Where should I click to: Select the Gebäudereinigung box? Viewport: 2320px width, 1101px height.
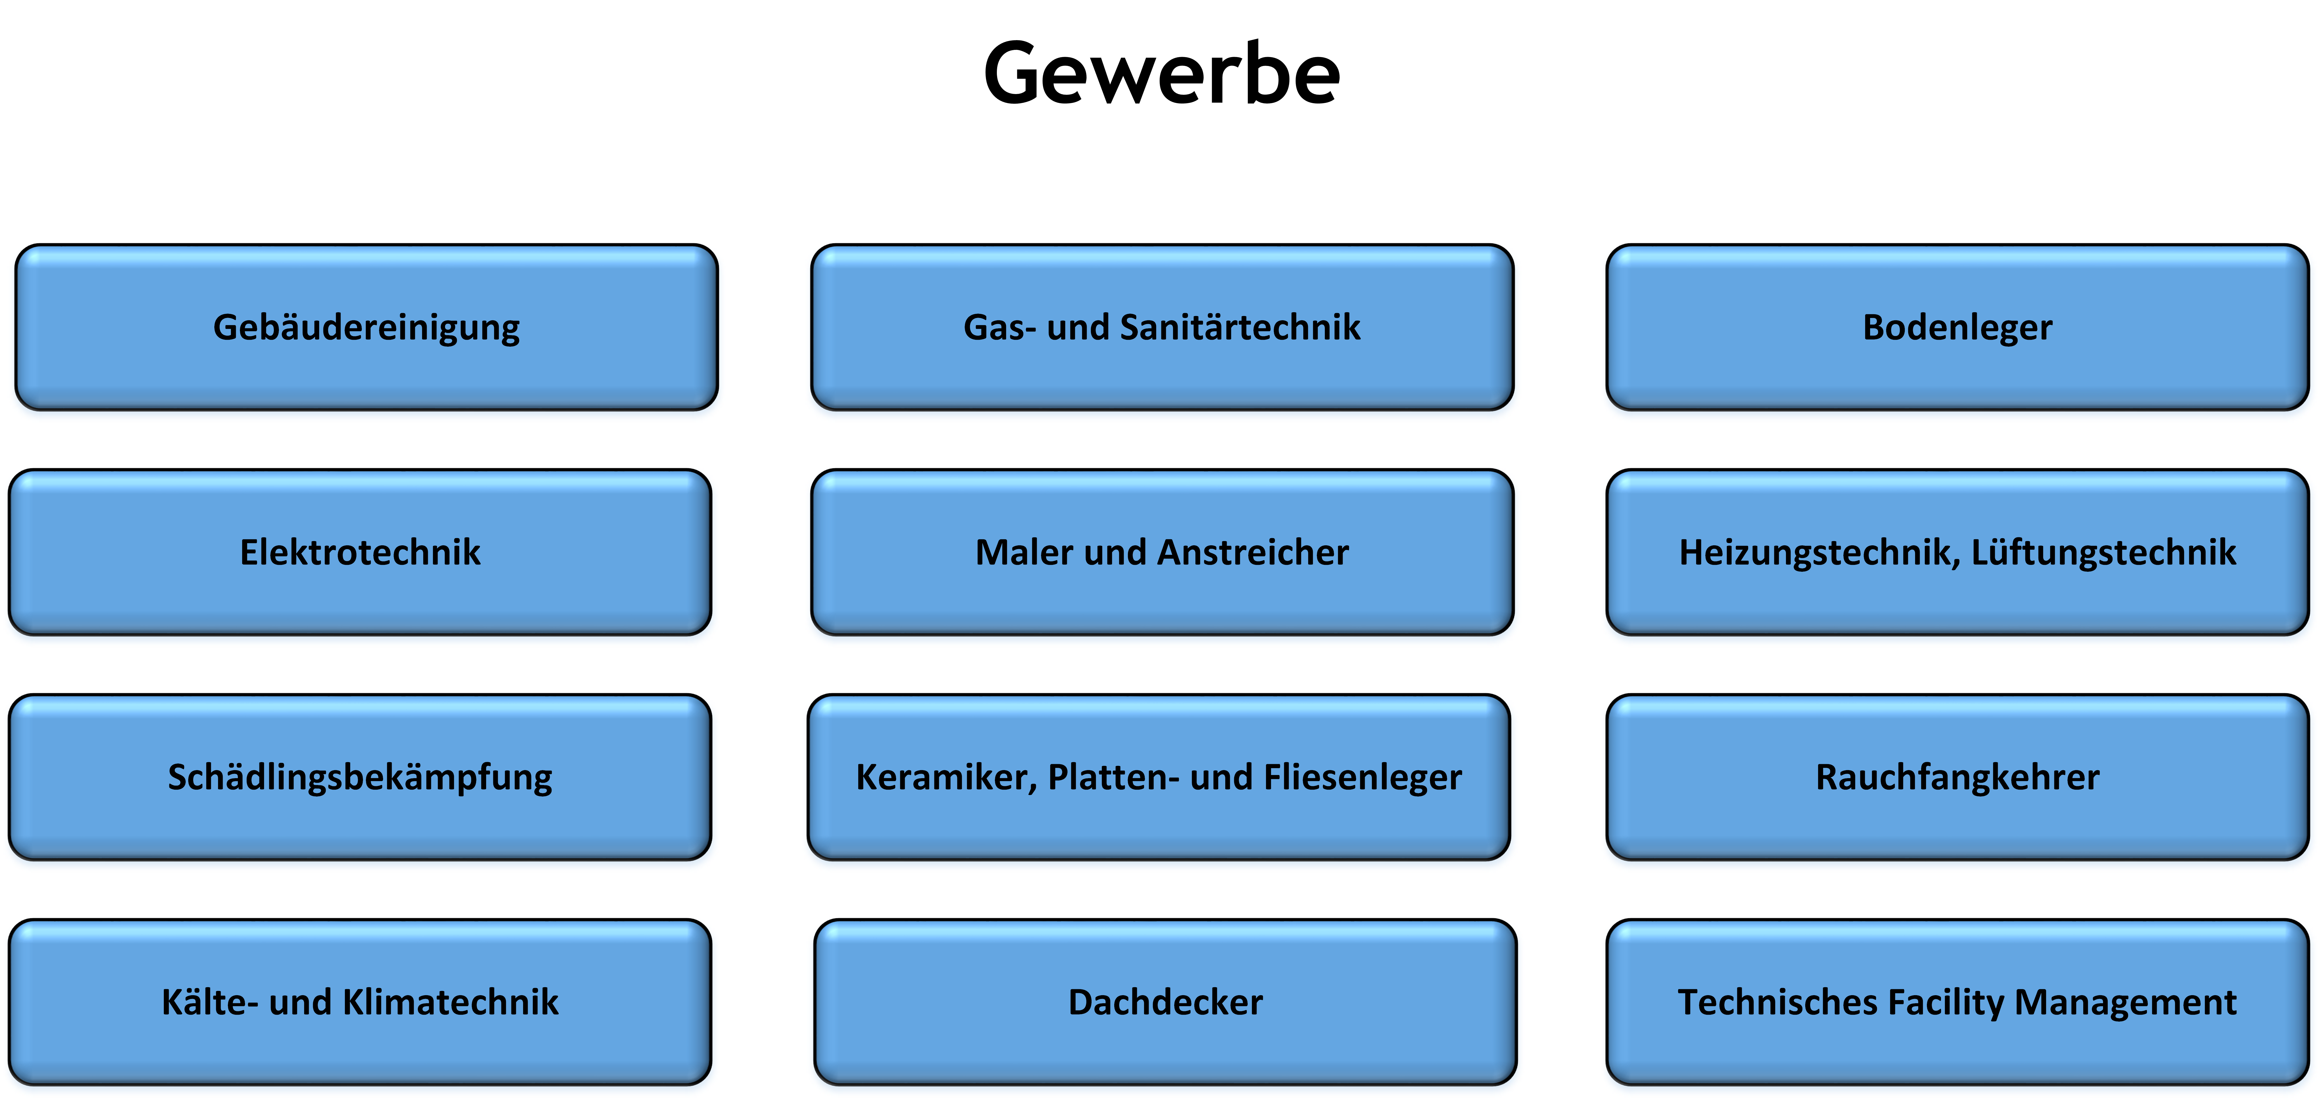click(366, 327)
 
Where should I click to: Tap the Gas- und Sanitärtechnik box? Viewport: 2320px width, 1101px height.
click(1162, 327)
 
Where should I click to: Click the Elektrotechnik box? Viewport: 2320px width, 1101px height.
click(360, 552)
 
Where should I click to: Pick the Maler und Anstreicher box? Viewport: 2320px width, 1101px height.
click(1162, 552)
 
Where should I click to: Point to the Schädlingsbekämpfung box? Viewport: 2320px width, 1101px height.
click(360, 777)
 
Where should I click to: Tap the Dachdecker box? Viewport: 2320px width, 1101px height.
click(1165, 1002)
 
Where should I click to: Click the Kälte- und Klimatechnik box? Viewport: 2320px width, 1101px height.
click(360, 1002)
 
